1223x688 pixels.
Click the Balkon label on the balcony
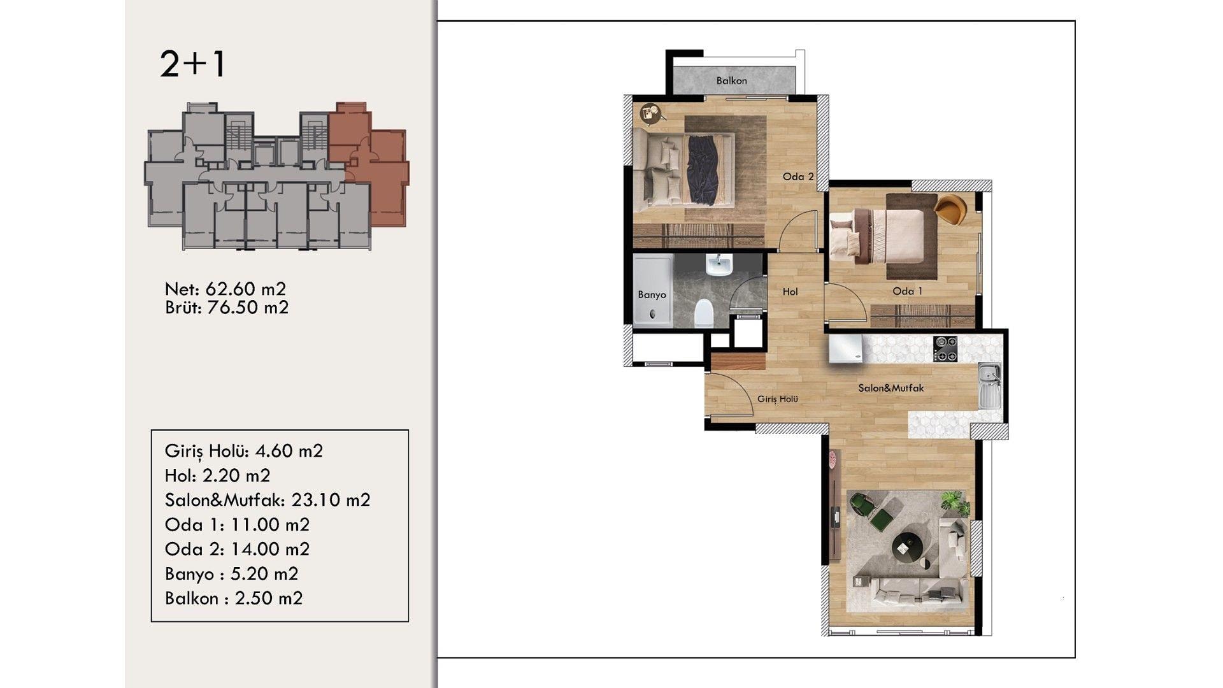click(x=731, y=81)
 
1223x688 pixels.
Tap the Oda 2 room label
click(x=798, y=176)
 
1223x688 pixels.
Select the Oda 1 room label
click(x=908, y=291)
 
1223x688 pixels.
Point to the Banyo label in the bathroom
click(x=652, y=295)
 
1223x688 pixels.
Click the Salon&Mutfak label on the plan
click(x=890, y=388)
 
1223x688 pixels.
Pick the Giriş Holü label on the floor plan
click(x=777, y=399)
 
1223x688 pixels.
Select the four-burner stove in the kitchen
click(x=945, y=349)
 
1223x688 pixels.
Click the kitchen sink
click(x=989, y=385)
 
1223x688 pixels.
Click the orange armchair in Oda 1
click(x=950, y=209)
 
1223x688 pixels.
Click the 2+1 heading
click(x=192, y=64)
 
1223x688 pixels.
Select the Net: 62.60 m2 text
click(x=225, y=289)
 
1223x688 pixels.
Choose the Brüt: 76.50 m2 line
click(x=227, y=308)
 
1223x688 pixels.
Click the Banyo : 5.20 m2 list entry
click(x=231, y=574)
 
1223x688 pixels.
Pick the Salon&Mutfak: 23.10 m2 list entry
click(x=268, y=500)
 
